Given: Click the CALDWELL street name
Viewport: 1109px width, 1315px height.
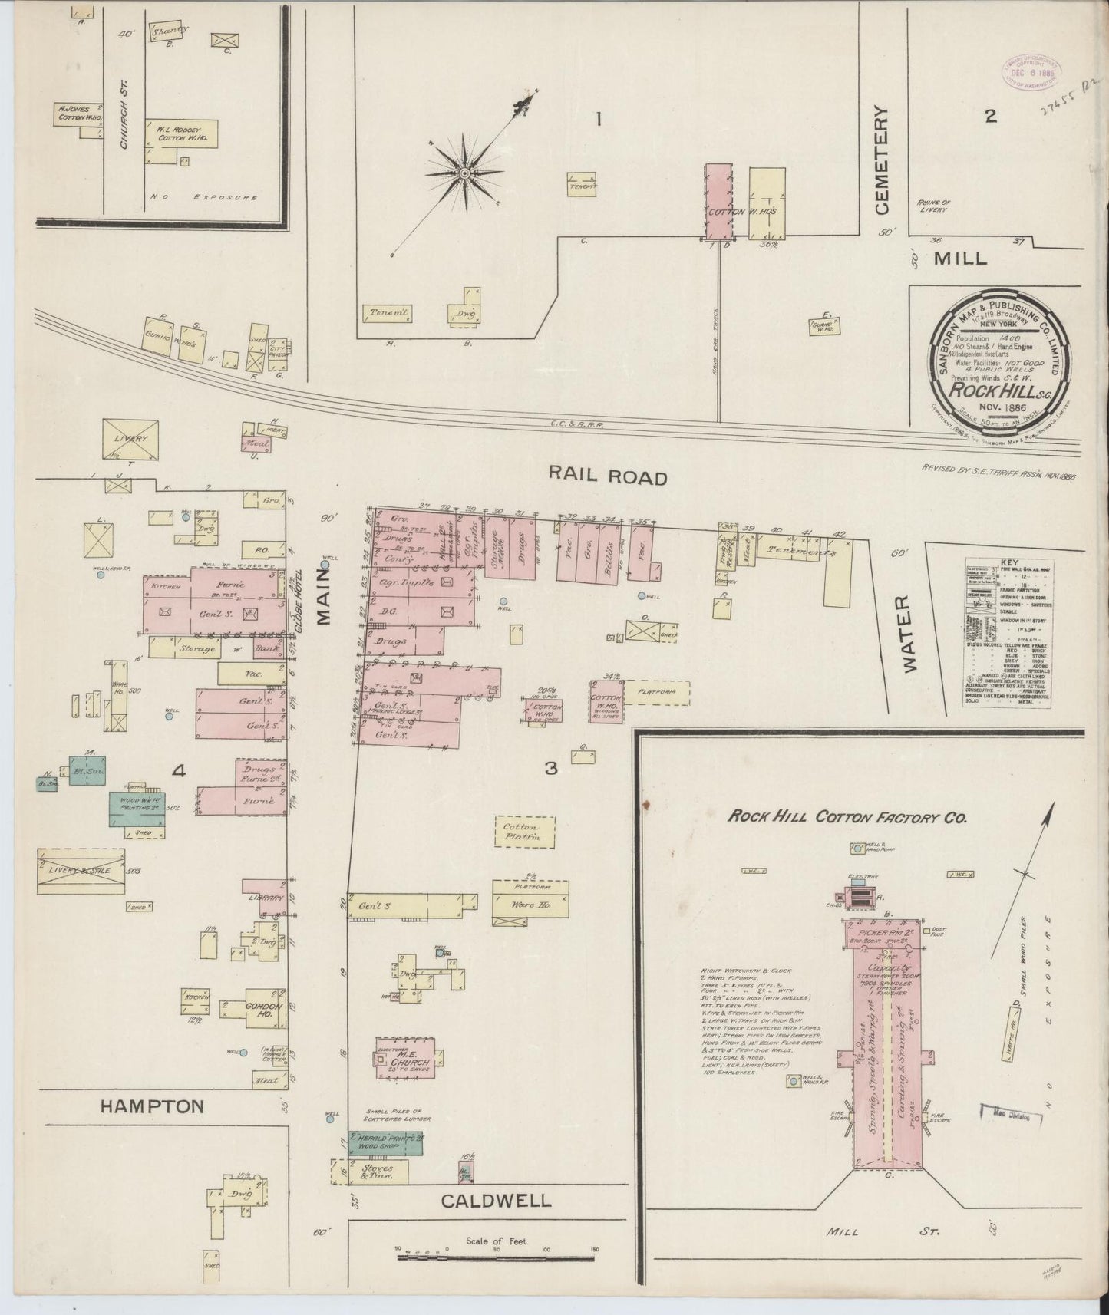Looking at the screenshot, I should click(x=496, y=1200).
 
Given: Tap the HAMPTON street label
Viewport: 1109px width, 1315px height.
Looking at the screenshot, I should click(x=153, y=1106).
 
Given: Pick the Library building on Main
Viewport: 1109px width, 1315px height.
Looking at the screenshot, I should click(x=266, y=897).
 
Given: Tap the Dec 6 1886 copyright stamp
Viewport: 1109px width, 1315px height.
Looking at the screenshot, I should click(x=1028, y=73).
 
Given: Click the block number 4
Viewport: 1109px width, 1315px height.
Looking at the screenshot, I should click(x=179, y=772).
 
